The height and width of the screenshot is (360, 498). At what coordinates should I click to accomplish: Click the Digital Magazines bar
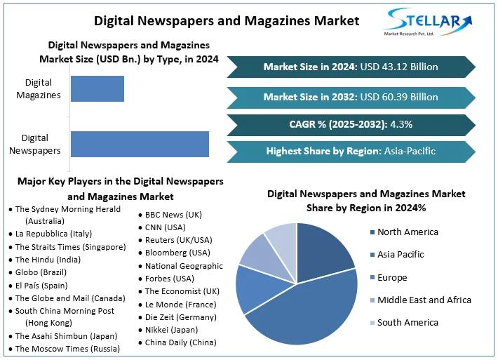coord(97,88)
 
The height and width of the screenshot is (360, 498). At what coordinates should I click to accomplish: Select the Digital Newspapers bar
coord(140,143)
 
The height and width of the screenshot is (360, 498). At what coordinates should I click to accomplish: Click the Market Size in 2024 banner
coord(351,67)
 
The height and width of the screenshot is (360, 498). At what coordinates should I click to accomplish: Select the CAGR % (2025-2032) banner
coord(351,124)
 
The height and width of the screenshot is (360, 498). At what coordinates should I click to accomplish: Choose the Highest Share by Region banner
coord(351,151)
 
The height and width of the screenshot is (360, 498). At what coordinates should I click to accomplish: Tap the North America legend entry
coord(407,232)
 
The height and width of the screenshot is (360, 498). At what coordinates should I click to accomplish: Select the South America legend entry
coord(407,323)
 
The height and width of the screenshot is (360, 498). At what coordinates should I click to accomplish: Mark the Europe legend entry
coord(391,277)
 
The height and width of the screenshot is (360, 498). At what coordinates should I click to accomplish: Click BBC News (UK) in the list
coord(173,215)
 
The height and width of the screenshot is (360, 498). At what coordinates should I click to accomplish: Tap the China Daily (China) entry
coord(180,342)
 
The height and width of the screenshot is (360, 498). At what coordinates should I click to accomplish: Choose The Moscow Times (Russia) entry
coord(67,349)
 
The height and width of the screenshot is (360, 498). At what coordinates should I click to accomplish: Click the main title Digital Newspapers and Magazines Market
coord(227,21)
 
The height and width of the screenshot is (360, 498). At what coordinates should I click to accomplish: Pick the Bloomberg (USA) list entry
coord(177,253)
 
